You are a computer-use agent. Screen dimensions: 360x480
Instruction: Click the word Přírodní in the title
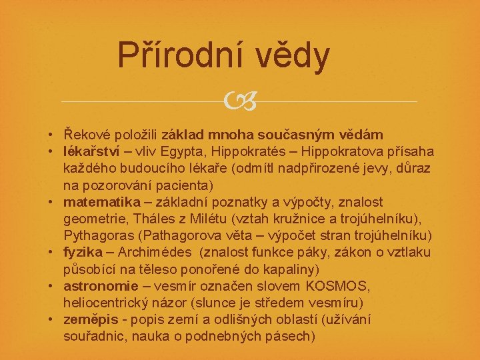coord(179,56)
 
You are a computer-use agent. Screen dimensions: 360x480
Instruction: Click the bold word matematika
coord(102,202)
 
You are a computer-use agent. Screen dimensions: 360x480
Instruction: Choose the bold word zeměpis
coord(91,319)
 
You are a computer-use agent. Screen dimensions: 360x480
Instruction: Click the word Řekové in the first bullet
coord(88,135)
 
